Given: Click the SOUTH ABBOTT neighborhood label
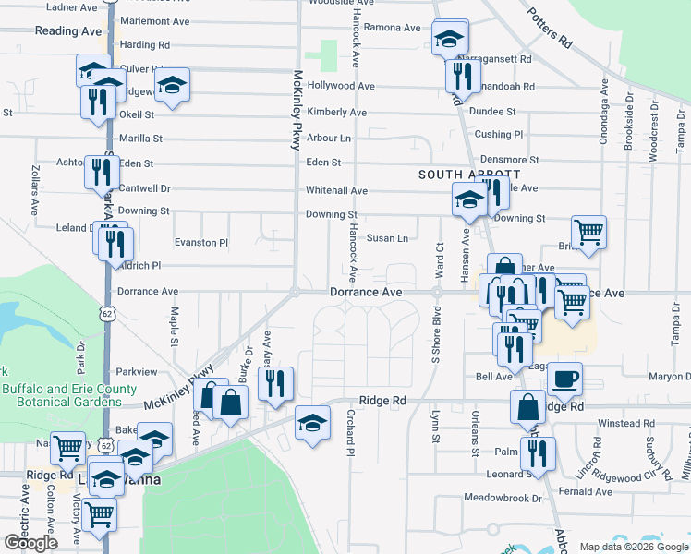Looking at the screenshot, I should coord(469,174).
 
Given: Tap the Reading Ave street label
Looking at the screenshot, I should coord(67,31).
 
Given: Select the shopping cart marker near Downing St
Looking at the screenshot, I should coord(588,233).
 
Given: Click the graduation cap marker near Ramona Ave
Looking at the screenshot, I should coord(449,39).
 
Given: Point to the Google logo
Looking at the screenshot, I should coord(31,543).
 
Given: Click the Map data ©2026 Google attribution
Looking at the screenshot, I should coord(633,547).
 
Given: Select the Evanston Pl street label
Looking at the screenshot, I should coord(200,243).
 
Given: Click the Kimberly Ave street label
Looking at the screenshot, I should coord(337,113).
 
